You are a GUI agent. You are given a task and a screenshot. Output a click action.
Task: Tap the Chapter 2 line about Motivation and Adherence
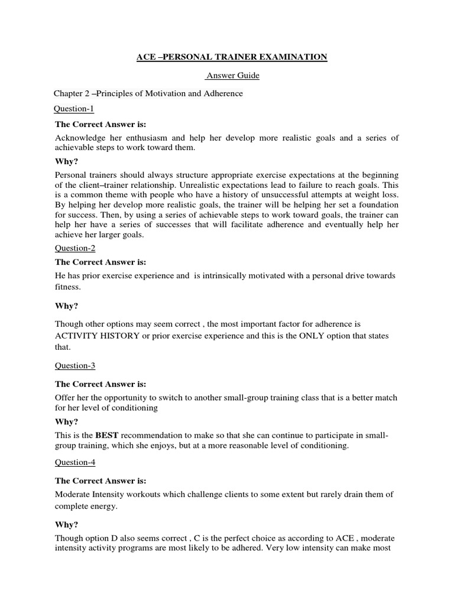[x=148, y=93]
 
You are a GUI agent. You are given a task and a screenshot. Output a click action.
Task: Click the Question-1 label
[x=74, y=109]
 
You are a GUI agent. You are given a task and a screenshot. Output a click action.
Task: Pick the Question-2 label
[x=74, y=248]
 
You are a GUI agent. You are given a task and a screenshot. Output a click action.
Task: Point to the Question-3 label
[x=74, y=366]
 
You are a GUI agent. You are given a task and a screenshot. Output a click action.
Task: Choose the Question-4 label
[x=74, y=463]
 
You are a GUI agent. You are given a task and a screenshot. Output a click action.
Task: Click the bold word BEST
[x=102, y=435]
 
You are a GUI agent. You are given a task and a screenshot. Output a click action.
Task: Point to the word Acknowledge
[x=83, y=138]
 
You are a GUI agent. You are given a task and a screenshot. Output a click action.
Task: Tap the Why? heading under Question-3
[x=66, y=422]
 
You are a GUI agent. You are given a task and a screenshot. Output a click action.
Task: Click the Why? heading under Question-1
[x=66, y=161]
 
